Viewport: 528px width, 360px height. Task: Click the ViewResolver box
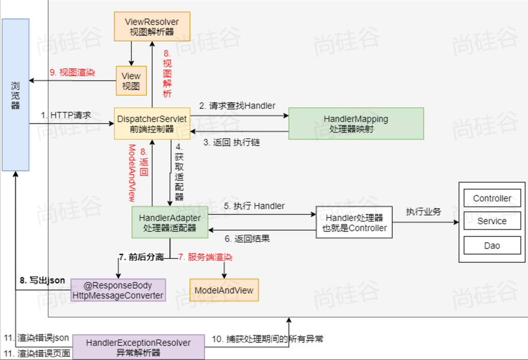(x=152, y=27)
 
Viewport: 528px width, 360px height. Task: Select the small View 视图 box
(x=131, y=81)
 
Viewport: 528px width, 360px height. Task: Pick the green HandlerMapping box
(x=356, y=124)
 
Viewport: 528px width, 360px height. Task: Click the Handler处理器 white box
(x=354, y=223)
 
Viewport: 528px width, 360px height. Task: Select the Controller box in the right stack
(x=492, y=199)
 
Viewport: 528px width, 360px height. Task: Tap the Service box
(x=492, y=221)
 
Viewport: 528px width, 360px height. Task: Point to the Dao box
(x=492, y=246)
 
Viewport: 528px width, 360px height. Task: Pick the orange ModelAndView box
(x=224, y=290)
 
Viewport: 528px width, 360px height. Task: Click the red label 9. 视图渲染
(x=72, y=73)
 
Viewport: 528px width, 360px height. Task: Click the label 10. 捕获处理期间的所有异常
(x=268, y=339)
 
